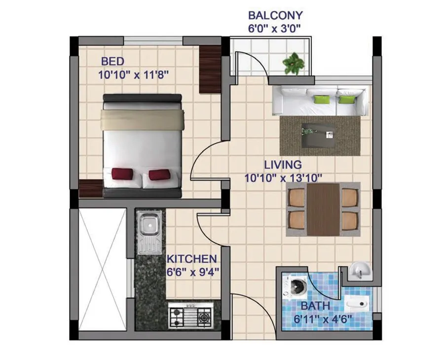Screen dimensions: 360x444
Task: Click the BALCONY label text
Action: pyautogui.click(x=275, y=15)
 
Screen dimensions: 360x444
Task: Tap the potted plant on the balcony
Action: pyautogui.click(x=293, y=63)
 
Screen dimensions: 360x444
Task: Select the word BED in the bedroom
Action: pyautogui.click(x=112, y=62)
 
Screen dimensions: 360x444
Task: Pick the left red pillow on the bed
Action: pyautogui.click(x=122, y=174)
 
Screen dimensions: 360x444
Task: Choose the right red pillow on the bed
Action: pyautogui.click(x=159, y=174)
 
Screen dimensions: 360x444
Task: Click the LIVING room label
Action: pyautogui.click(x=282, y=164)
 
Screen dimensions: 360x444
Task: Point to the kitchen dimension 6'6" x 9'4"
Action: pyautogui.click(x=192, y=272)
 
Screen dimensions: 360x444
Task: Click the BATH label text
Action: pyautogui.click(x=316, y=306)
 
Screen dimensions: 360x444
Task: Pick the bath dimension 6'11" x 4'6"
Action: pyautogui.click(x=323, y=319)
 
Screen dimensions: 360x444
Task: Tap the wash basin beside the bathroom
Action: pyautogui.click(x=359, y=269)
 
